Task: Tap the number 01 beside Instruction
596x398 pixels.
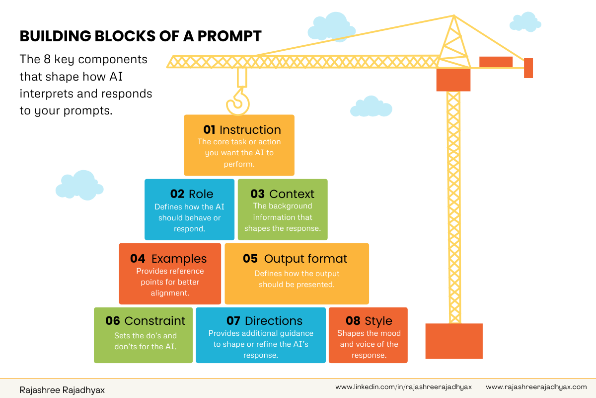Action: (x=209, y=130)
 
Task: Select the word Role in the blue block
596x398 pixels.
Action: (x=201, y=194)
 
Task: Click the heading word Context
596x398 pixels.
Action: (x=292, y=194)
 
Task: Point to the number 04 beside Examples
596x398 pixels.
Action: (x=138, y=259)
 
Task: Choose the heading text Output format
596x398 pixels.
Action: (x=305, y=259)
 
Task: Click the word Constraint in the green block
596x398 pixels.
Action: (x=155, y=321)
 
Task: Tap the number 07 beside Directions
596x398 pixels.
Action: (x=233, y=321)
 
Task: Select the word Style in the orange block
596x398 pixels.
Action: (x=378, y=321)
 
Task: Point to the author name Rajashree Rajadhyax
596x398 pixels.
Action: (x=62, y=390)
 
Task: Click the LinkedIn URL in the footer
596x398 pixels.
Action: (x=403, y=387)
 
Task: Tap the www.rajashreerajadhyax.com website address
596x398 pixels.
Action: (x=536, y=387)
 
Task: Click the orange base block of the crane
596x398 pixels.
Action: (x=454, y=341)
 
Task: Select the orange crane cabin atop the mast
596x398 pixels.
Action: (x=453, y=80)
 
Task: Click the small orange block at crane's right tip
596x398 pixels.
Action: (x=528, y=68)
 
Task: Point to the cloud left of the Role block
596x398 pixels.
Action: (x=79, y=185)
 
